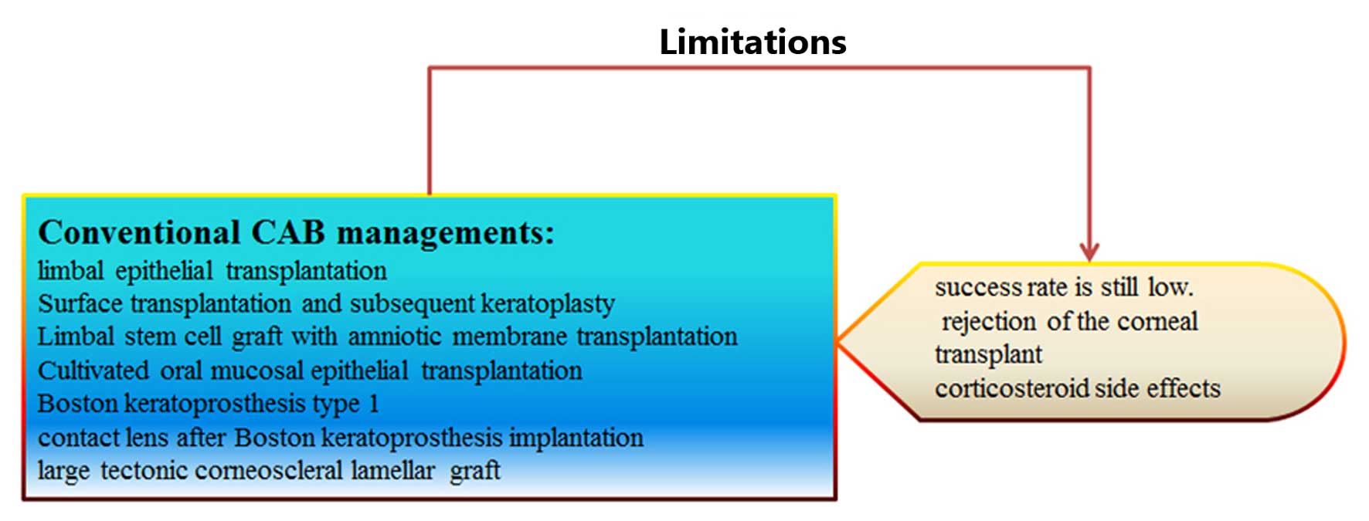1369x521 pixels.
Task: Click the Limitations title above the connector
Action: coord(752,42)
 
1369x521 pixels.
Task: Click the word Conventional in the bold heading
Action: coord(139,233)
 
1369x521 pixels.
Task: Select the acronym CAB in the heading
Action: coord(288,233)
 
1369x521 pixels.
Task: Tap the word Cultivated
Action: coord(93,371)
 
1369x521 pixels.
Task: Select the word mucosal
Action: coord(256,371)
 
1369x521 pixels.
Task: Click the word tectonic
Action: coord(144,471)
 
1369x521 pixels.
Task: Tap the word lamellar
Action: coord(392,471)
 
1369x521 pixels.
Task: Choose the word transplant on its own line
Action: coord(988,355)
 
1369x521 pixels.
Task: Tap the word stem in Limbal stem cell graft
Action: coord(151,337)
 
